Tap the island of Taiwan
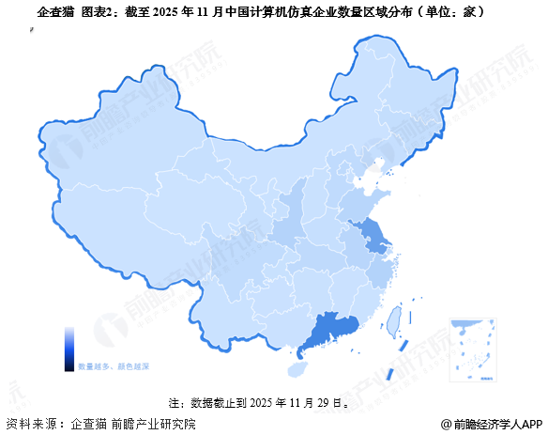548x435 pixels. pyautogui.click(x=395, y=320)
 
